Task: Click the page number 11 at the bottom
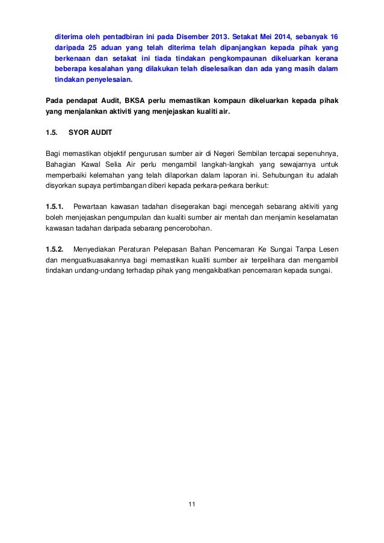[x=192, y=504]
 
